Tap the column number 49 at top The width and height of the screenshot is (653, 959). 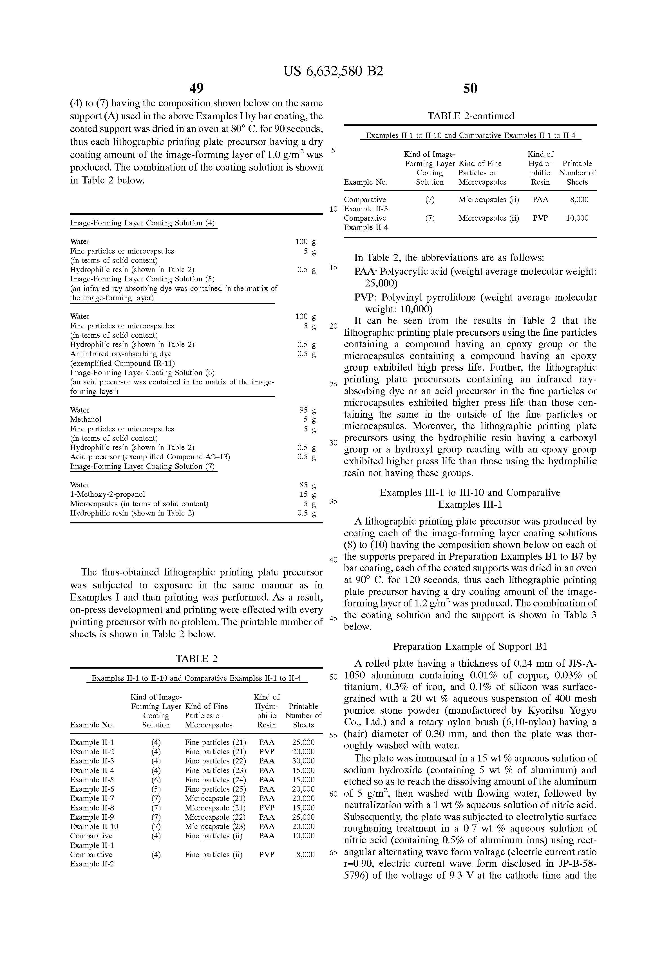(x=196, y=88)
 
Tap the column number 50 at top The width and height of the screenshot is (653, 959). (x=470, y=88)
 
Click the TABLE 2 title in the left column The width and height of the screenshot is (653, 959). (x=196, y=658)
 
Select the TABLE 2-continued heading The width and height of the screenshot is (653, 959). (x=471, y=116)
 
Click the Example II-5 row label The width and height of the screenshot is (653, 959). (x=92, y=779)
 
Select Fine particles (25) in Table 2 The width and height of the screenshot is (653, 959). (x=215, y=789)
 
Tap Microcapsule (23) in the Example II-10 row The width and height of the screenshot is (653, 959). (x=215, y=826)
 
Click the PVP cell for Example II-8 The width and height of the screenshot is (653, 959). (x=267, y=808)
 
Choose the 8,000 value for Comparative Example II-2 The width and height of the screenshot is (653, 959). (x=305, y=855)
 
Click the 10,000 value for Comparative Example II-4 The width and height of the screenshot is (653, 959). (x=577, y=218)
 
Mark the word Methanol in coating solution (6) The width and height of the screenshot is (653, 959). (x=86, y=419)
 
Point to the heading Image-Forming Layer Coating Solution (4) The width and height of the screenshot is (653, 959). (x=142, y=223)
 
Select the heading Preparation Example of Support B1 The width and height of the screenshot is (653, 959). (x=470, y=646)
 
